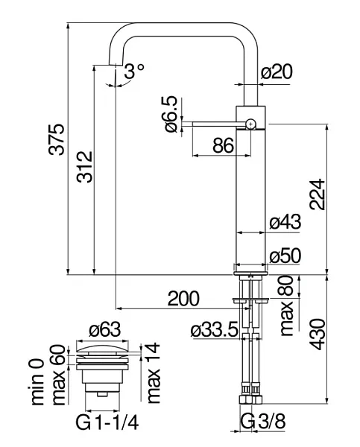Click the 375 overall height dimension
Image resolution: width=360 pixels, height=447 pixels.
[56, 139]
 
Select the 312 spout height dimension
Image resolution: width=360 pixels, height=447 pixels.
[85, 167]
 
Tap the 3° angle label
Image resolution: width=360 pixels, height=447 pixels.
[134, 71]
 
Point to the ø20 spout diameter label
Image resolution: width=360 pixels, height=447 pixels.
[277, 72]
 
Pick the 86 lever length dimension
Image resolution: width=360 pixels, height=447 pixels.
[224, 145]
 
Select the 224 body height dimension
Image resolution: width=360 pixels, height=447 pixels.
[318, 194]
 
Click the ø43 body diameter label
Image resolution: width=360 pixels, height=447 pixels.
[285, 221]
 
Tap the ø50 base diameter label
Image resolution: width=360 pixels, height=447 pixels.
[285, 256]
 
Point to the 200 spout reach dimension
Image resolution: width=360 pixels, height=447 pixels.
[183, 299]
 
